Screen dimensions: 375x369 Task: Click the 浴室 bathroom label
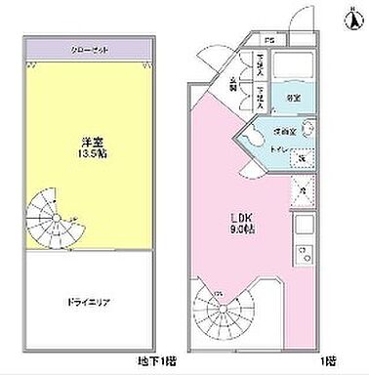[x=293, y=98]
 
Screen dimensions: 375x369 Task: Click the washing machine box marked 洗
[x=302, y=158]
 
